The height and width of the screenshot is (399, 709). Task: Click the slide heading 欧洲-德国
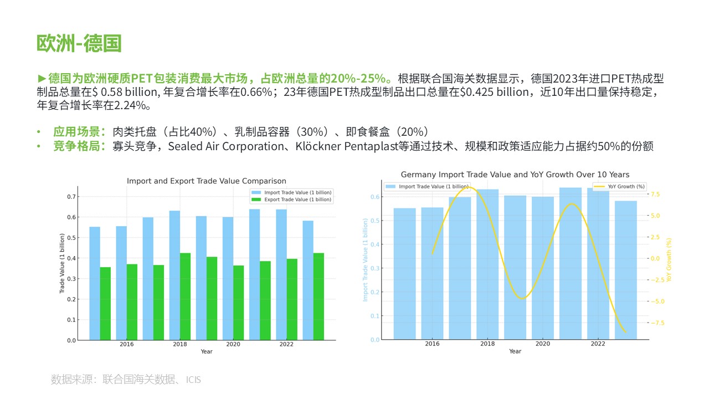pos(79,43)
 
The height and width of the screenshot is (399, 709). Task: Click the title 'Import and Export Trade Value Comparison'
pos(207,181)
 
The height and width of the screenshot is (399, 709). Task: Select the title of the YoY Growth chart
pos(515,175)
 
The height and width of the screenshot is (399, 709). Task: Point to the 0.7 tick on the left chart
pos(72,197)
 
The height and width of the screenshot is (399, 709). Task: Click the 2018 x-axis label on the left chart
pos(180,345)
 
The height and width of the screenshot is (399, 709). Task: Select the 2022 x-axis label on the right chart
pos(598,344)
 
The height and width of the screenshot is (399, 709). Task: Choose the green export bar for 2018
pos(185,296)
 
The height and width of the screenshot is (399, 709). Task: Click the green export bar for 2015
pos(105,304)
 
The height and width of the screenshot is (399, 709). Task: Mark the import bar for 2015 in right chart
pos(404,274)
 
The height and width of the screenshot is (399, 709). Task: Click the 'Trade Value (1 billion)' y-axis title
pos(62,268)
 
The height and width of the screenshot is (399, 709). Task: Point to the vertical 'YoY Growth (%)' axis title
pos(669,260)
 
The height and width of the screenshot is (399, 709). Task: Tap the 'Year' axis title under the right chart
pos(515,351)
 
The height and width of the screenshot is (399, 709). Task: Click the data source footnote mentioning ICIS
pos(126,380)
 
